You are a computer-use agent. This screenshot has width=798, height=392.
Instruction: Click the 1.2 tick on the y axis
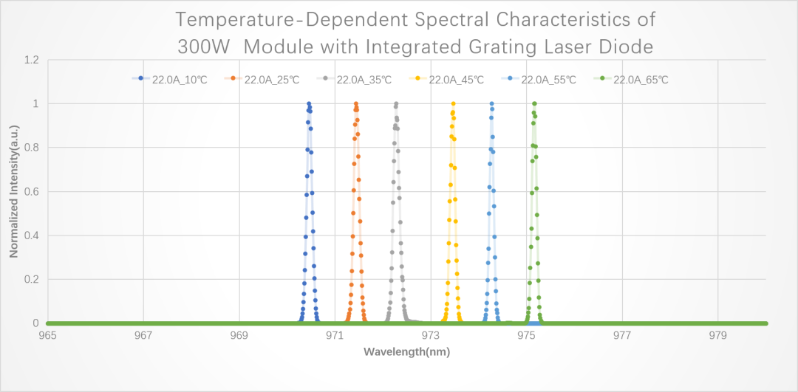coord(32,60)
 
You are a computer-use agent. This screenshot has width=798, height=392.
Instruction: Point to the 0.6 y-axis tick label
coord(32,192)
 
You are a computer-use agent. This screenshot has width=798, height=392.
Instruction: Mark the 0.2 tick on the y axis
coord(32,280)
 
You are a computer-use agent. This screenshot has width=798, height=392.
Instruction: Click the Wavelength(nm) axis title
coord(406,351)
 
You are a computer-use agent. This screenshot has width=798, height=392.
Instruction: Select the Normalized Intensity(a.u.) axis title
coord(13,191)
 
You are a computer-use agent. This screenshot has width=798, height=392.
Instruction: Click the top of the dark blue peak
coord(309,104)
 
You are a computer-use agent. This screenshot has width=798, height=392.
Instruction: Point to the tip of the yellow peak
coord(453,104)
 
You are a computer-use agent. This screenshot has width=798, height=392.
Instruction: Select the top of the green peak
coord(534,104)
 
